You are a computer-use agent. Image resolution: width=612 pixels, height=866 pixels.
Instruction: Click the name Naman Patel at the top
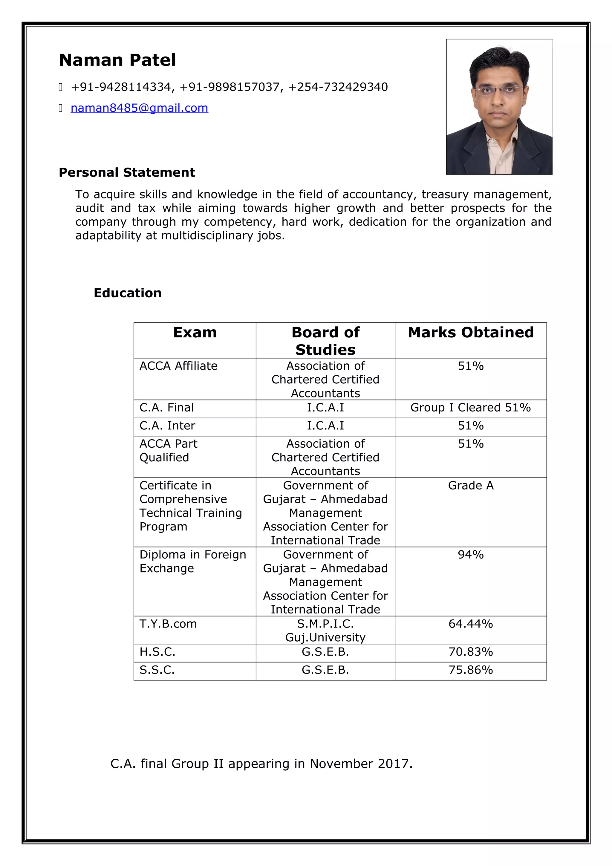(117, 60)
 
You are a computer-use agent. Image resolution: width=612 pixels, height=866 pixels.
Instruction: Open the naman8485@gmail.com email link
(139, 108)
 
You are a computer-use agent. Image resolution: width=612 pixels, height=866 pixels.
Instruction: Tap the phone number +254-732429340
(338, 87)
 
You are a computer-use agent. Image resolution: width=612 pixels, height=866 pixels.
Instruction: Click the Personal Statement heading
(127, 172)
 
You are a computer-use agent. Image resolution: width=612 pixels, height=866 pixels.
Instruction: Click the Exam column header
(195, 332)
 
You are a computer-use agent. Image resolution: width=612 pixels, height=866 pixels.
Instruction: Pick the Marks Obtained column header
(470, 332)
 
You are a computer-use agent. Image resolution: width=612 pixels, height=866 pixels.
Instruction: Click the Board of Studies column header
(325, 341)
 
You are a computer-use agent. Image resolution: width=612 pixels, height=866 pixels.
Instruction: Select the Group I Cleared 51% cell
(470, 407)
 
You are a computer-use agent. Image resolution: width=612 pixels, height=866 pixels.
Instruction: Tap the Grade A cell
(470, 485)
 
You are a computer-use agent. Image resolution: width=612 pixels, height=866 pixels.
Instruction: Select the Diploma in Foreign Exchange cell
(192, 561)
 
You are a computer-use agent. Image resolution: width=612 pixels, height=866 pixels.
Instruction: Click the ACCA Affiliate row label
(178, 366)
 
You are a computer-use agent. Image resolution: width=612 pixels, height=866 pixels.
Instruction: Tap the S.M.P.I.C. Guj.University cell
(325, 630)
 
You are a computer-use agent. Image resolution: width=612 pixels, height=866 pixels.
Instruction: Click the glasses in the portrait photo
(499, 90)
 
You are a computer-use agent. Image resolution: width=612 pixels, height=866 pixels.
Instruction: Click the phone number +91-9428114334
(121, 87)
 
